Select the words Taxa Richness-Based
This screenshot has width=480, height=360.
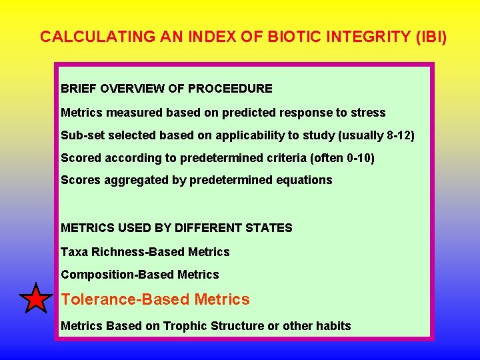[123, 252]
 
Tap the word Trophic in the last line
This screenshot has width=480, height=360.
[183, 326]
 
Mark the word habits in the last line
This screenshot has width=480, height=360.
[333, 326]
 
